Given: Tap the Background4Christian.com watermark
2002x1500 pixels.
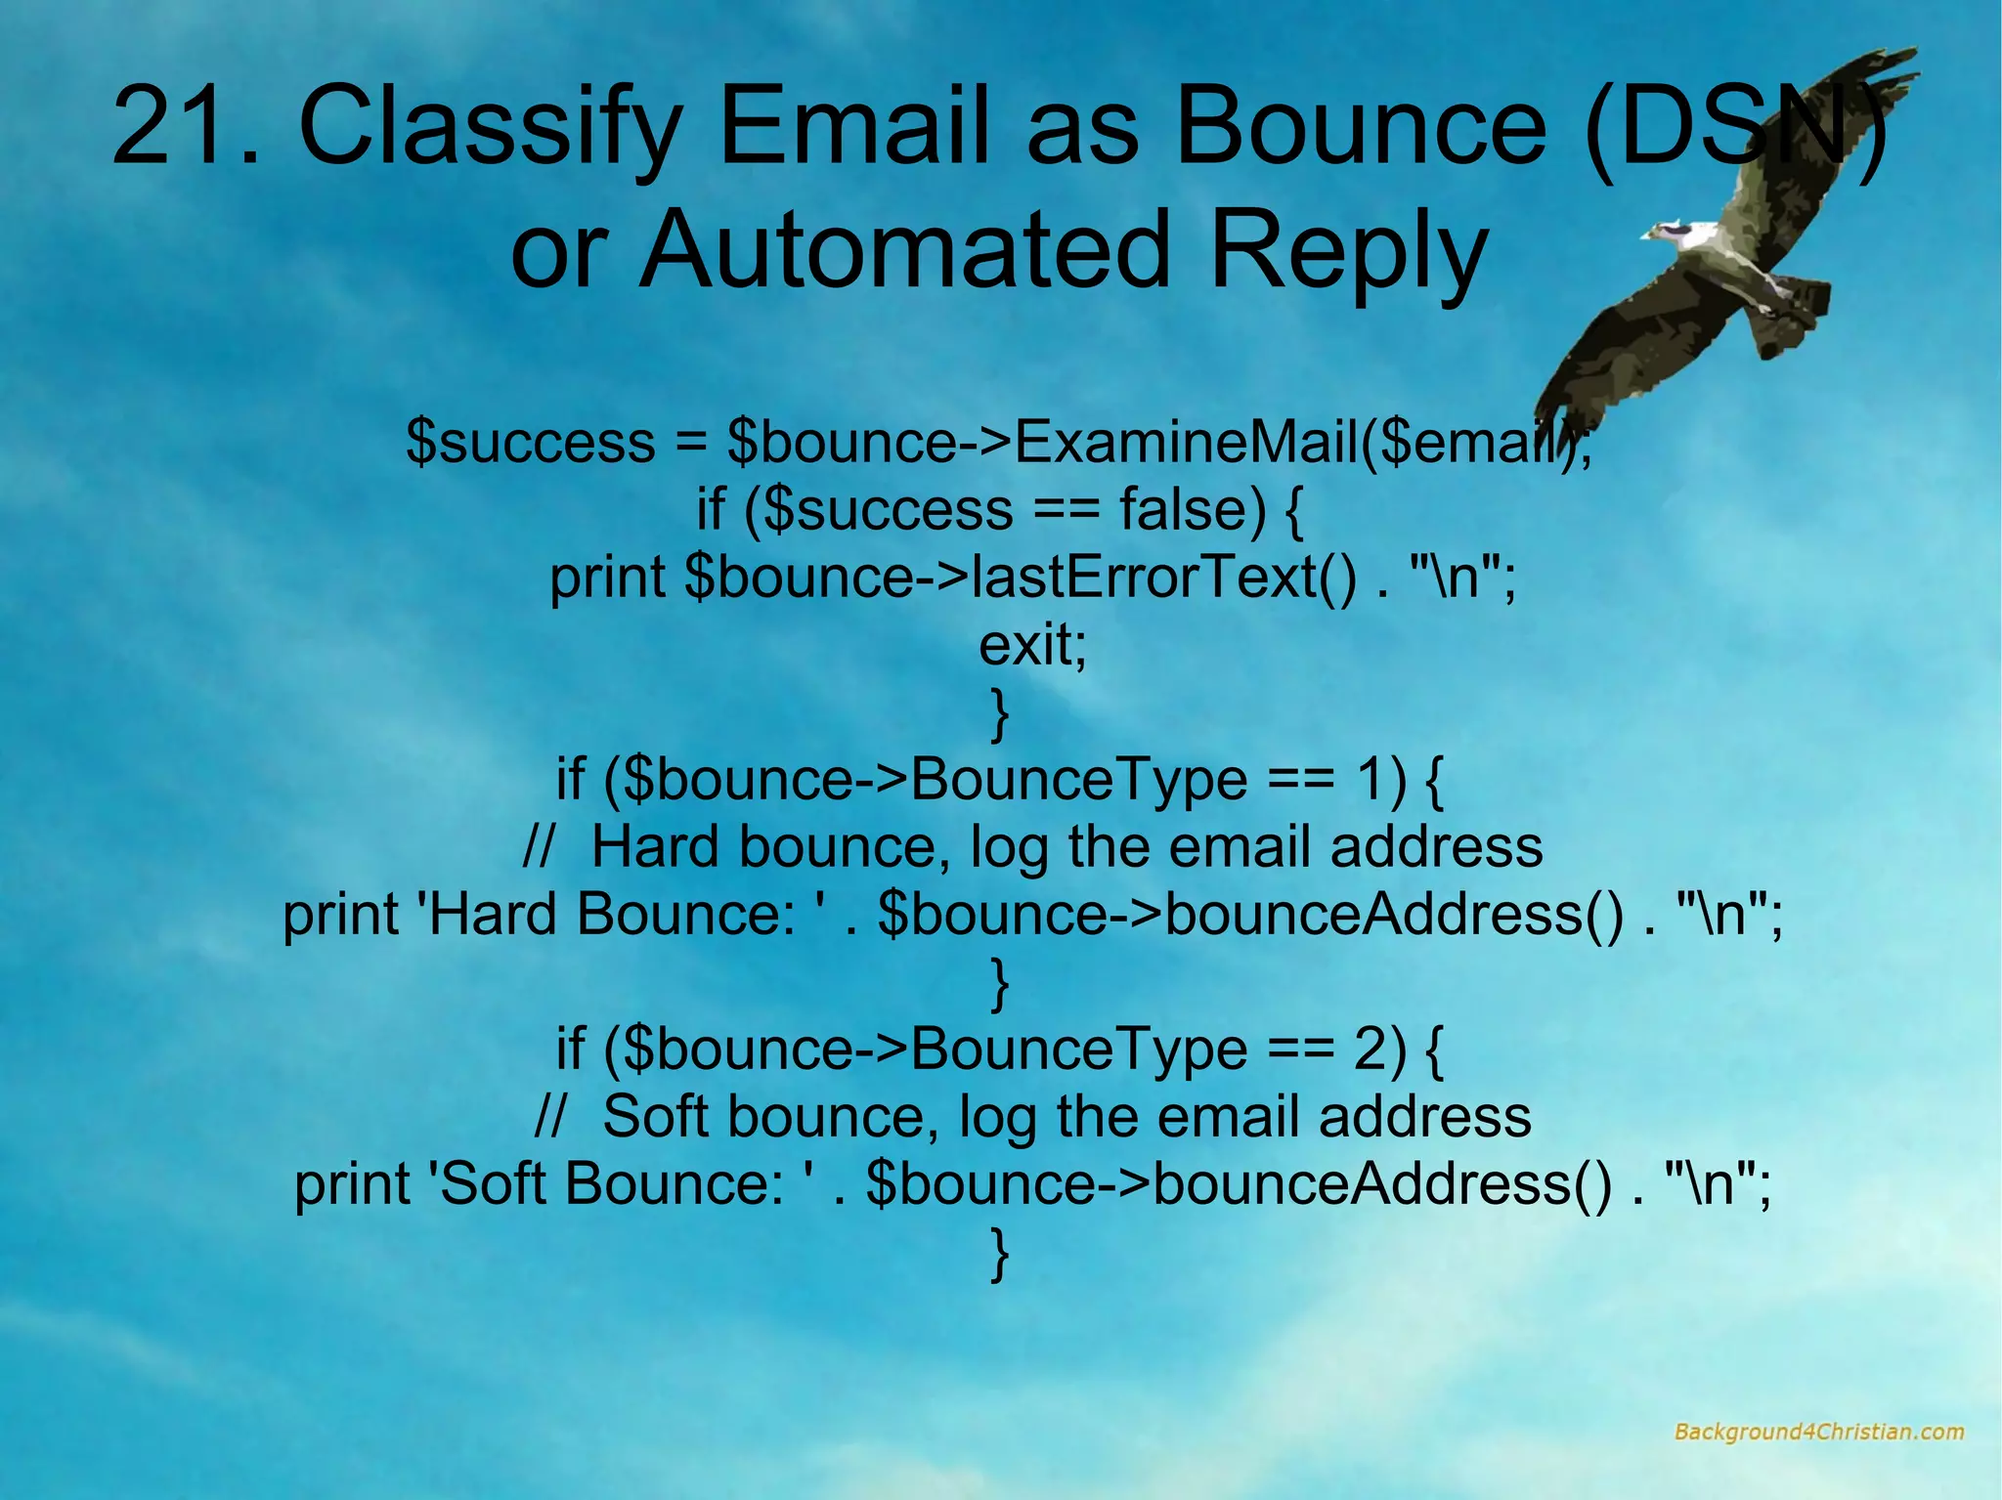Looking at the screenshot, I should pos(1818,1432).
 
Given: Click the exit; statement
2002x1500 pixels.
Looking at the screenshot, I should pos(1032,645).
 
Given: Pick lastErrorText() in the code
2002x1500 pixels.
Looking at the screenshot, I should pos(1163,578).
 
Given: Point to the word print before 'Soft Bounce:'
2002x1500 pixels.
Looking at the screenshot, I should pos(353,1185).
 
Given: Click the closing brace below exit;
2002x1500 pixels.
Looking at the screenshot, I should pos(1000,714).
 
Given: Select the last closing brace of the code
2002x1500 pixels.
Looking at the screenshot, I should pos(1000,1254).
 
